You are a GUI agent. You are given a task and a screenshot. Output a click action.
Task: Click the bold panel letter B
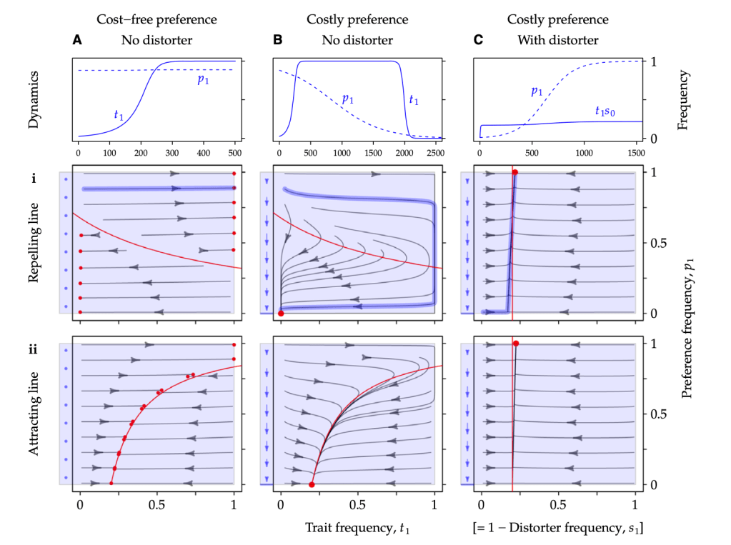pos(278,40)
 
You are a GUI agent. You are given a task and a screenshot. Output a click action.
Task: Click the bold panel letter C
pos(478,40)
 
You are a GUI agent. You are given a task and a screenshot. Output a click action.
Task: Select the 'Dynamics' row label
pos(34,99)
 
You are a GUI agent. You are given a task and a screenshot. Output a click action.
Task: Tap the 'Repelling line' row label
pos(34,243)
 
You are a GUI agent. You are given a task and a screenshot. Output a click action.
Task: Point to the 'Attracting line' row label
pos(34,414)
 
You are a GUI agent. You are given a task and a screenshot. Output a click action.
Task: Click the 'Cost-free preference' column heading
pos(156,19)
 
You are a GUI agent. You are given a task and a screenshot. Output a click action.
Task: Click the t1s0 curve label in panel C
pos(608,111)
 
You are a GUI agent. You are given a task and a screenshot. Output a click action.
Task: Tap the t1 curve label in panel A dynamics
pos(119,114)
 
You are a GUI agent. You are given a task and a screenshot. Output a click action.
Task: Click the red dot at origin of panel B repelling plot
pos(281,314)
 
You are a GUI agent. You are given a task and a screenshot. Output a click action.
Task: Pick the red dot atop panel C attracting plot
pos(515,344)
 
